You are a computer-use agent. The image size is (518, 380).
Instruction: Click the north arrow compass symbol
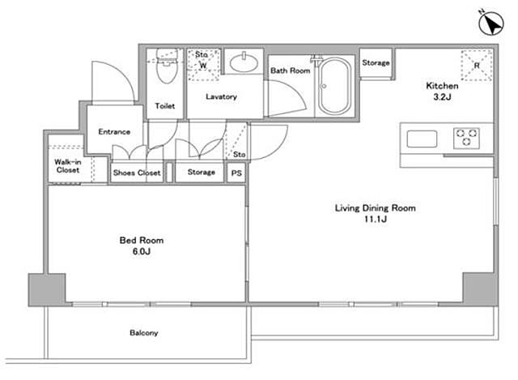coord(491,23)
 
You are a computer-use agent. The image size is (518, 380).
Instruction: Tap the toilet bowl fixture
coord(167,66)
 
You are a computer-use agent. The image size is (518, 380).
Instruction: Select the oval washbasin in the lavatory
coord(244,62)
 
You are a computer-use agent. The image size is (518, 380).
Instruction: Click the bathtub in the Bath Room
coord(334,86)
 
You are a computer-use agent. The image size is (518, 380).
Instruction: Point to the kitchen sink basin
coord(422,139)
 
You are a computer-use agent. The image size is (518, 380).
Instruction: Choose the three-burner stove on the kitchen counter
coord(466,138)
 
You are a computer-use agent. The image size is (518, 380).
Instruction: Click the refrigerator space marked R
coord(477,66)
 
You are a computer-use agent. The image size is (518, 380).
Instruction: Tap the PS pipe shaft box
coord(236,173)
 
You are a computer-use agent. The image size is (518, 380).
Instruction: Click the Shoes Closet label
coord(137,173)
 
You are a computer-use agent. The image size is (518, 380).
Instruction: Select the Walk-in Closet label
coord(68,166)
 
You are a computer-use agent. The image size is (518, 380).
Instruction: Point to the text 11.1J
coord(376,219)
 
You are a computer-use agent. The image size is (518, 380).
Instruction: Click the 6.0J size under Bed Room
coord(142,251)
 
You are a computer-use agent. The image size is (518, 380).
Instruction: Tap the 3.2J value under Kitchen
coord(443,97)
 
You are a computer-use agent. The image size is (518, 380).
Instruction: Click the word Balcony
coord(144,333)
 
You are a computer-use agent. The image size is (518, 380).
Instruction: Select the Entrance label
coord(114,131)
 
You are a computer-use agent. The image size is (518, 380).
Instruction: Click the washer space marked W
coord(203,65)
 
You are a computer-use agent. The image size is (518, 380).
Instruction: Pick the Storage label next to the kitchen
coord(376,63)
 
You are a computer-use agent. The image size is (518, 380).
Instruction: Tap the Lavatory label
coord(221,96)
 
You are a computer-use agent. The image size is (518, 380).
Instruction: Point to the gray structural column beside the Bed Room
coord(47,290)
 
